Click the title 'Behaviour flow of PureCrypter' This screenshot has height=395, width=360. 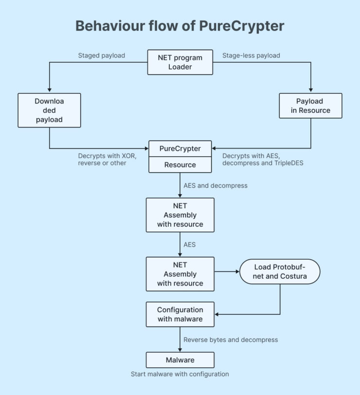pyautogui.click(x=180, y=26)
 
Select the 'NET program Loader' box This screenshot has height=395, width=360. pyautogui.click(x=180, y=62)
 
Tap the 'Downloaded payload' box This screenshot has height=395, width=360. pyautogui.click(x=49, y=110)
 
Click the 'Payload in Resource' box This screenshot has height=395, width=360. pyautogui.click(x=311, y=106)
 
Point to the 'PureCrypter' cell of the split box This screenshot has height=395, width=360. pyautogui.click(x=180, y=148)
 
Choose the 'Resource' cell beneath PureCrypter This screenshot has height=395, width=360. pyautogui.click(x=180, y=165)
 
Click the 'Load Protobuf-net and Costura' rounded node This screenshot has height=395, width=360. pyautogui.click(x=280, y=272)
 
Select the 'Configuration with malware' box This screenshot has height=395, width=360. pyautogui.click(x=180, y=314)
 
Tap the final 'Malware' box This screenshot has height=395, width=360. pyautogui.click(x=180, y=360)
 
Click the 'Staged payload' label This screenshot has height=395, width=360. pyautogui.click(x=101, y=55)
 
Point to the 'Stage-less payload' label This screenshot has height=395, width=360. pyautogui.click(x=251, y=55)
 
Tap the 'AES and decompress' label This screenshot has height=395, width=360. pyautogui.click(x=215, y=185)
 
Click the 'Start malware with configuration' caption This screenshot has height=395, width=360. pyautogui.click(x=180, y=374)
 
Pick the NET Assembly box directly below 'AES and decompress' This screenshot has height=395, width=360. pyautogui.click(x=180, y=215)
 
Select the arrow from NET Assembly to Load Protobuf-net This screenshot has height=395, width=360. pyautogui.click(x=226, y=272)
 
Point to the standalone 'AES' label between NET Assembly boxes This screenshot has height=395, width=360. pyautogui.click(x=189, y=244)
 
